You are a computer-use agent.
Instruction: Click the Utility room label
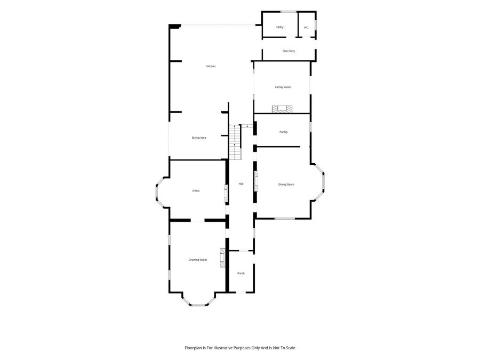coord(280,27)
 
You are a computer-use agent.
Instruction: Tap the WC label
coord(306,28)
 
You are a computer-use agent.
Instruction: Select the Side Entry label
coord(289,51)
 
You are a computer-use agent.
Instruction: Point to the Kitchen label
coord(211,67)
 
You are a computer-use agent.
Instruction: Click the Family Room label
coord(283,87)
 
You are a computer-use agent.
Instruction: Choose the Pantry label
coord(284,132)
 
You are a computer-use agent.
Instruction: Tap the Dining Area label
coord(199,138)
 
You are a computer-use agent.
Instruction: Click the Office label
coord(196,191)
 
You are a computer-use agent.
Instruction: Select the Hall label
coord(241,184)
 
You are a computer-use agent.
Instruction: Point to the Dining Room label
coord(286,185)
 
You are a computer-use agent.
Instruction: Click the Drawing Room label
coord(198,260)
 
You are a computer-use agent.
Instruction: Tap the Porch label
coord(241,274)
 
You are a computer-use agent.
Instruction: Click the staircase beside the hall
coord(235,142)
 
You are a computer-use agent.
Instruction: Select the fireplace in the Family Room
coord(282,109)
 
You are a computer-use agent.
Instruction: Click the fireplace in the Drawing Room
coord(222,258)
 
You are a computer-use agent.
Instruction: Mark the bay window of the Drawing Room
coord(198,299)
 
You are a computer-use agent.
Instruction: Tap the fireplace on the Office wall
coord(226,194)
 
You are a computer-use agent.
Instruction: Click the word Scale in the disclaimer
coord(291,348)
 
